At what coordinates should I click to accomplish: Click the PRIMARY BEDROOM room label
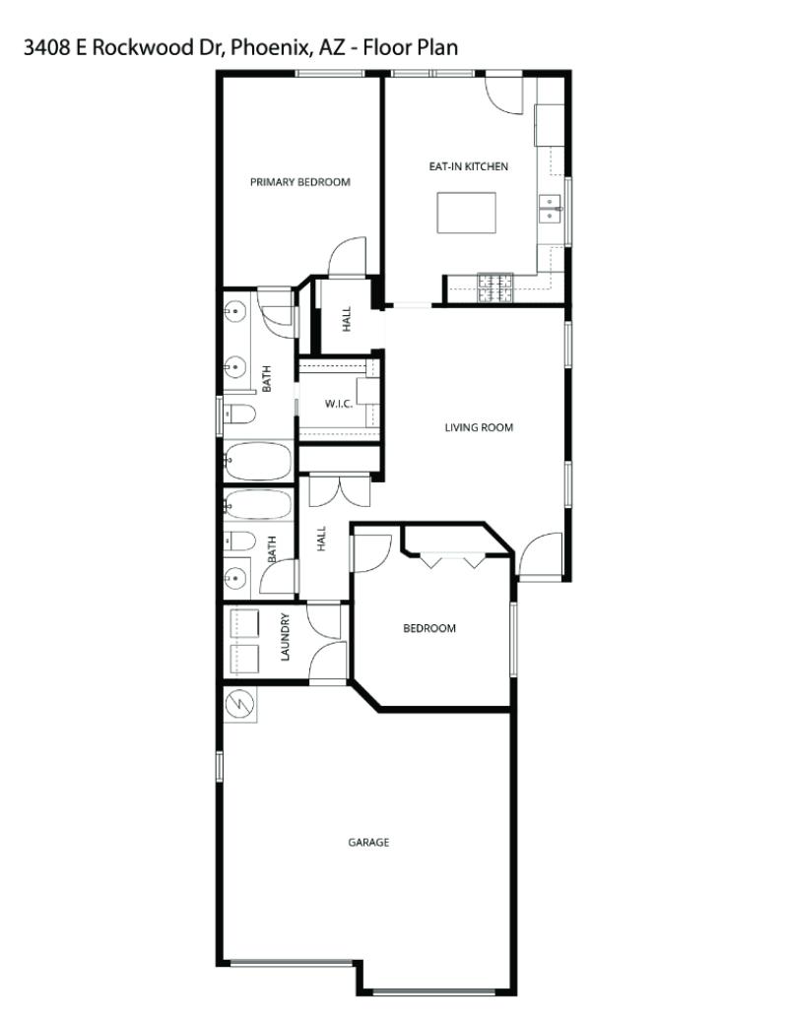[x=299, y=182]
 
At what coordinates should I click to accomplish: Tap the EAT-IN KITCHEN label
[x=468, y=167]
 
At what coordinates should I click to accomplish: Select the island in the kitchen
[x=466, y=213]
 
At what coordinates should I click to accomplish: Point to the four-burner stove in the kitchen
[x=495, y=286]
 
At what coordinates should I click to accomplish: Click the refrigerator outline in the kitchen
[x=548, y=123]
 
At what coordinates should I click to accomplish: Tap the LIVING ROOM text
[x=479, y=427]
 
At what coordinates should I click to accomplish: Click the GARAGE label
[x=368, y=843]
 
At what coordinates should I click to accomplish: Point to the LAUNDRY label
[x=286, y=637]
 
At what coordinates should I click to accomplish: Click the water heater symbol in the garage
[x=239, y=704]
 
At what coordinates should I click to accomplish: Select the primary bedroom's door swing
[x=345, y=258]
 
